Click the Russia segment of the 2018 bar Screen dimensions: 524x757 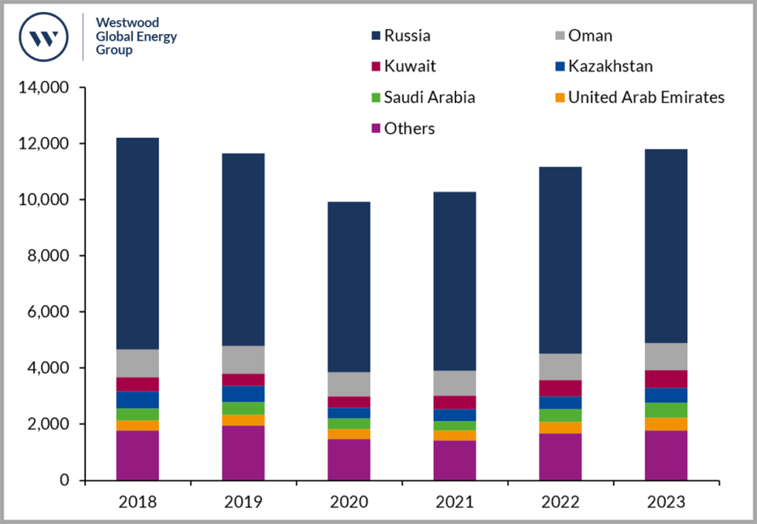[138, 244]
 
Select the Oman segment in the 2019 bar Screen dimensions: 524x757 [243, 360]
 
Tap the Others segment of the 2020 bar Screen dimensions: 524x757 [349, 460]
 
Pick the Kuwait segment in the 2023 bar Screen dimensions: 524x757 [666, 379]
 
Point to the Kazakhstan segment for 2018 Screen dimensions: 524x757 [138, 400]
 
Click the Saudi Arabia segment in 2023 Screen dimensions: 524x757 [666, 410]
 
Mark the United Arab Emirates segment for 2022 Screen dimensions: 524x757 [560, 427]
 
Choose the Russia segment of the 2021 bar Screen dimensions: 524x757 [455, 281]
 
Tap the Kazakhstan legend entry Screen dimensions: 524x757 [610, 67]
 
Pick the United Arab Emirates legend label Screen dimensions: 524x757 [646, 98]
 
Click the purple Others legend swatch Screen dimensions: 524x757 [376, 129]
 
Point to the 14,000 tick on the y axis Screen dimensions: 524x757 [46, 88]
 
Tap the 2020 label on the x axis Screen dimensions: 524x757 [349, 503]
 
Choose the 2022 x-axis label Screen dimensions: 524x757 [560, 503]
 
